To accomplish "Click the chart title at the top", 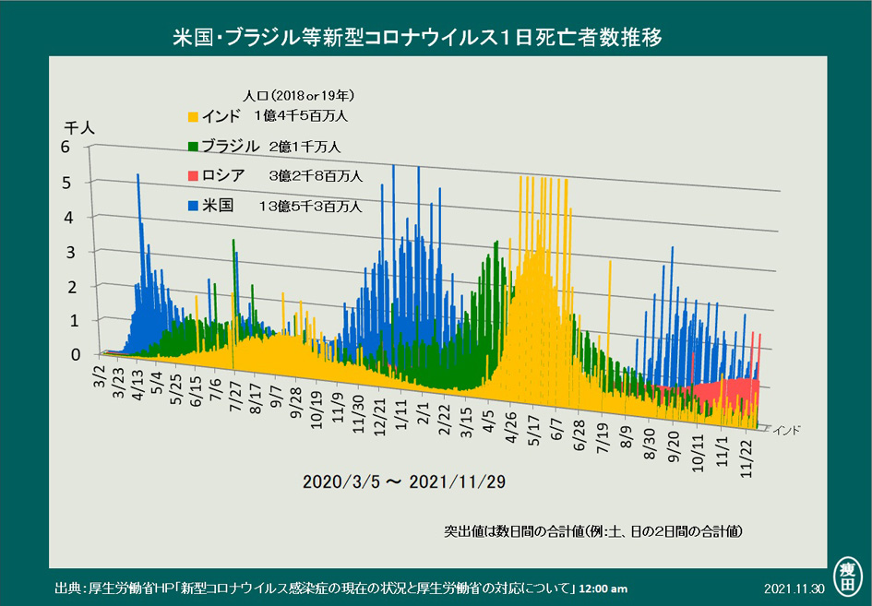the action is (x=417, y=38).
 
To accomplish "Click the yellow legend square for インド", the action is (x=193, y=117).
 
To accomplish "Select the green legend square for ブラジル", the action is (x=193, y=147).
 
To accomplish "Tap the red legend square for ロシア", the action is (x=193, y=176).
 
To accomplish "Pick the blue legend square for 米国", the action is (x=193, y=206).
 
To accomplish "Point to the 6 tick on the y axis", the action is (x=66, y=147).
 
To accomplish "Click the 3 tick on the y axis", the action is (x=70, y=253).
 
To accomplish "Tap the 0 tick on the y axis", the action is (x=76, y=355).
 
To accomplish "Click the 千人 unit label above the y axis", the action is (x=79, y=128).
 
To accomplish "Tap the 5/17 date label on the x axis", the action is (x=534, y=431).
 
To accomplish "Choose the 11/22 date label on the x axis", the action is (x=747, y=458).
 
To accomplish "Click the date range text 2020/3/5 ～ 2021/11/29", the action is (x=404, y=481).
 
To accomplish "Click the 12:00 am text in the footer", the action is (x=603, y=589).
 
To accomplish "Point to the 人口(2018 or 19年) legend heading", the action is (x=299, y=96).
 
